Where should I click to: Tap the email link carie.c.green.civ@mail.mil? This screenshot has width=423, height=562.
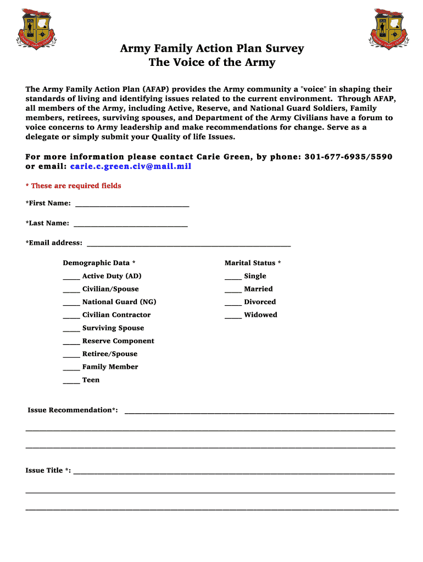click(x=131, y=166)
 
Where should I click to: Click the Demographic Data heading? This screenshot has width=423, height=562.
click(x=99, y=263)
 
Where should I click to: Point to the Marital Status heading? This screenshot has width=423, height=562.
click(x=253, y=263)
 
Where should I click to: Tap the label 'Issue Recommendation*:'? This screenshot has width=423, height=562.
click(x=73, y=410)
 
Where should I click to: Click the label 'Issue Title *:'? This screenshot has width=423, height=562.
click(x=48, y=470)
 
